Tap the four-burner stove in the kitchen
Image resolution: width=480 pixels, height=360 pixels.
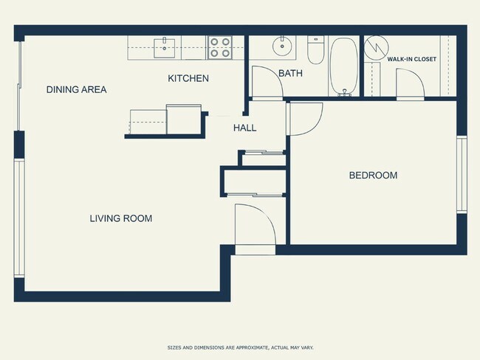(219, 48)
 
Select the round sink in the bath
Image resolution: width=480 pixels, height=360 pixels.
(282, 46)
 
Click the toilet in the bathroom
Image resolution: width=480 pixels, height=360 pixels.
(315, 50)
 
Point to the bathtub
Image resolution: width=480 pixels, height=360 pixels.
(343, 66)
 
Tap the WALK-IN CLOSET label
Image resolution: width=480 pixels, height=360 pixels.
(412, 58)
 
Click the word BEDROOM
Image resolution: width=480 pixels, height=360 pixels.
(373, 176)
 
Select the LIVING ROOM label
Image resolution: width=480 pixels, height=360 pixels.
(121, 218)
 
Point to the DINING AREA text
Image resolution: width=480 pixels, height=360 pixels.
(76, 90)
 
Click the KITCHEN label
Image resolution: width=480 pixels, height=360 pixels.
(188, 78)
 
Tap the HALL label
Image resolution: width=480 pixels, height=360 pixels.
(244, 128)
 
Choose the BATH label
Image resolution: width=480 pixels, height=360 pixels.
(290, 73)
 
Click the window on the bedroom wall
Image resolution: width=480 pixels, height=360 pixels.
(462, 174)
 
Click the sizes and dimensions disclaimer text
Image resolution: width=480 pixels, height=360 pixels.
(239, 346)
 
